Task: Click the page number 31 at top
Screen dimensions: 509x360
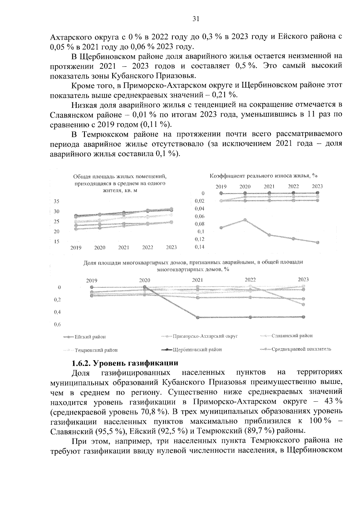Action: click(196, 19)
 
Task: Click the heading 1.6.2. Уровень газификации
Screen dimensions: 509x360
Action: click(125, 363)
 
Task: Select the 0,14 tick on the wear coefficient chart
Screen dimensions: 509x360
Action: click(199, 247)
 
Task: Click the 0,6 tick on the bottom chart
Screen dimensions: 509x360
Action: click(57, 325)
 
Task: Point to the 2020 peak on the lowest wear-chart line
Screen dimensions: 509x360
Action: click(245, 220)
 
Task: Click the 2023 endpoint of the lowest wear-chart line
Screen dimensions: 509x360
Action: click(317, 242)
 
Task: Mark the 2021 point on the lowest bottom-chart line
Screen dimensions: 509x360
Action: click(197, 317)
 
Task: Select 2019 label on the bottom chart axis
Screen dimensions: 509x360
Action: click(91, 281)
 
